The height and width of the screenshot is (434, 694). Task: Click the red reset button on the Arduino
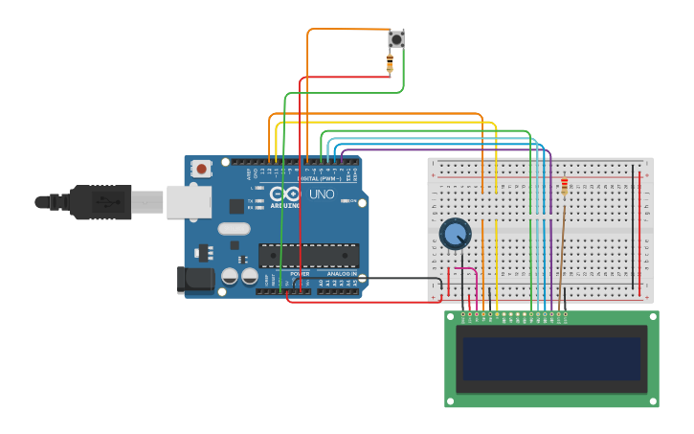tap(201, 169)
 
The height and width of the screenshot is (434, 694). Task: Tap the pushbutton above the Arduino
tap(395, 39)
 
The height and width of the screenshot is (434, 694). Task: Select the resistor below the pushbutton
tap(390, 64)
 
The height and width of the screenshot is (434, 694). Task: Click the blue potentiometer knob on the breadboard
tap(456, 234)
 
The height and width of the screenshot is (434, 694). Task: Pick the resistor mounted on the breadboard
tap(564, 186)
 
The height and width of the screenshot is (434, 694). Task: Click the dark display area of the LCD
tap(550, 358)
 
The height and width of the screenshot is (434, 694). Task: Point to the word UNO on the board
tap(322, 194)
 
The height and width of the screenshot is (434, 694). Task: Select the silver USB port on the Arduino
tap(189, 201)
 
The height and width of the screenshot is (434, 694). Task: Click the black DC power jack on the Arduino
tap(195, 280)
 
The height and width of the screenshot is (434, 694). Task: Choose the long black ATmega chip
tap(308, 255)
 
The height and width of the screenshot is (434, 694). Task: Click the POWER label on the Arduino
tap(300, 273)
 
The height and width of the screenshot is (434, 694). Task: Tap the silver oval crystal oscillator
tap(234, 228)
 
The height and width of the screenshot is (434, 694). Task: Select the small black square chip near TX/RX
tap(236, 206)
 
